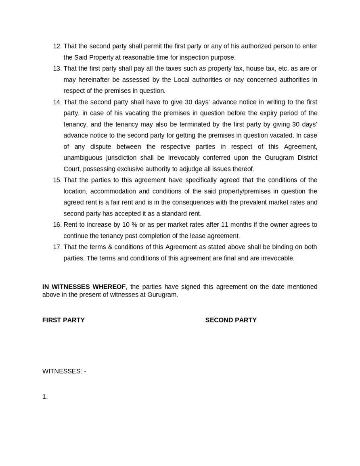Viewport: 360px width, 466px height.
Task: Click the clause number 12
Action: coord(57,46)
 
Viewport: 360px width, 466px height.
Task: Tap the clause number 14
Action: coord(57,102)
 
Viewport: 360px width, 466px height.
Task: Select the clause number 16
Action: coord(57,225)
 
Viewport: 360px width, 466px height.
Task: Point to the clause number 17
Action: coord(57,247)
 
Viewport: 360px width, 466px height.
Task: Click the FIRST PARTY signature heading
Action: coord(63,320)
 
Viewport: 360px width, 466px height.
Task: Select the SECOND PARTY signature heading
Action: coord(231,320)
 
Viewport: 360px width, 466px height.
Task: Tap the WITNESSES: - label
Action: coord(64,372)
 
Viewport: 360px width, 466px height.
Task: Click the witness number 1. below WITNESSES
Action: coord(45,397)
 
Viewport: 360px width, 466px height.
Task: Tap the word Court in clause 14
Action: coord(72,169)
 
